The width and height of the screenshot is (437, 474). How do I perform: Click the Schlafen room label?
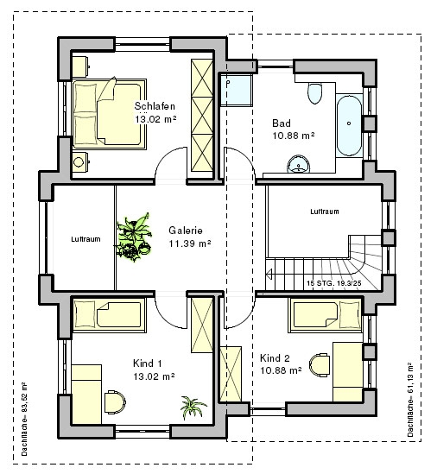click(155, 106)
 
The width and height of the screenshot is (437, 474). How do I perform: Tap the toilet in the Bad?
click(314, 93)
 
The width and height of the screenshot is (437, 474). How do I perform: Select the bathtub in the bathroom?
click(349, 125)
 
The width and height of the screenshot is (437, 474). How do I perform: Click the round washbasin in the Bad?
click(299, 164)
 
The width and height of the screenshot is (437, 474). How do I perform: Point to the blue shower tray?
click(236, 90)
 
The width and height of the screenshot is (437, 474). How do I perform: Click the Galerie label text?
click(186, 231)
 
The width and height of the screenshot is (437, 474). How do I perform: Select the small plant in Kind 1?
click(193, 408)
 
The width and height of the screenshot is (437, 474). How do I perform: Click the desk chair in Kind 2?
click(320, 365)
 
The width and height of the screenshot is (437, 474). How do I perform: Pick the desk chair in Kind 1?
click(115, 401)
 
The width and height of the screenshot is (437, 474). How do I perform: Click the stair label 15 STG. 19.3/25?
click(334, 283)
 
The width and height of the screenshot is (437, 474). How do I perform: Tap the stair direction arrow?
click(269, 275)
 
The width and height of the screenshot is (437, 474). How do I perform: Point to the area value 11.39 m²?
click(190, 243)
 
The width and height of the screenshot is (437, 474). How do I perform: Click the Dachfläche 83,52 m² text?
click(24, 419)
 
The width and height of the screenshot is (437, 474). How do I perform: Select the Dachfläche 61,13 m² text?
click(409, 400)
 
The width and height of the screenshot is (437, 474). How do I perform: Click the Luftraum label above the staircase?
click(325, 212)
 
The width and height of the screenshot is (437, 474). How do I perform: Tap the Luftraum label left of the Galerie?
click(85, 239)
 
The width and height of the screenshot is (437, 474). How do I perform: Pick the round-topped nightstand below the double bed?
click(80, 162)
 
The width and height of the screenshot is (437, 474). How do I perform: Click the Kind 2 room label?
click(275, 358)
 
